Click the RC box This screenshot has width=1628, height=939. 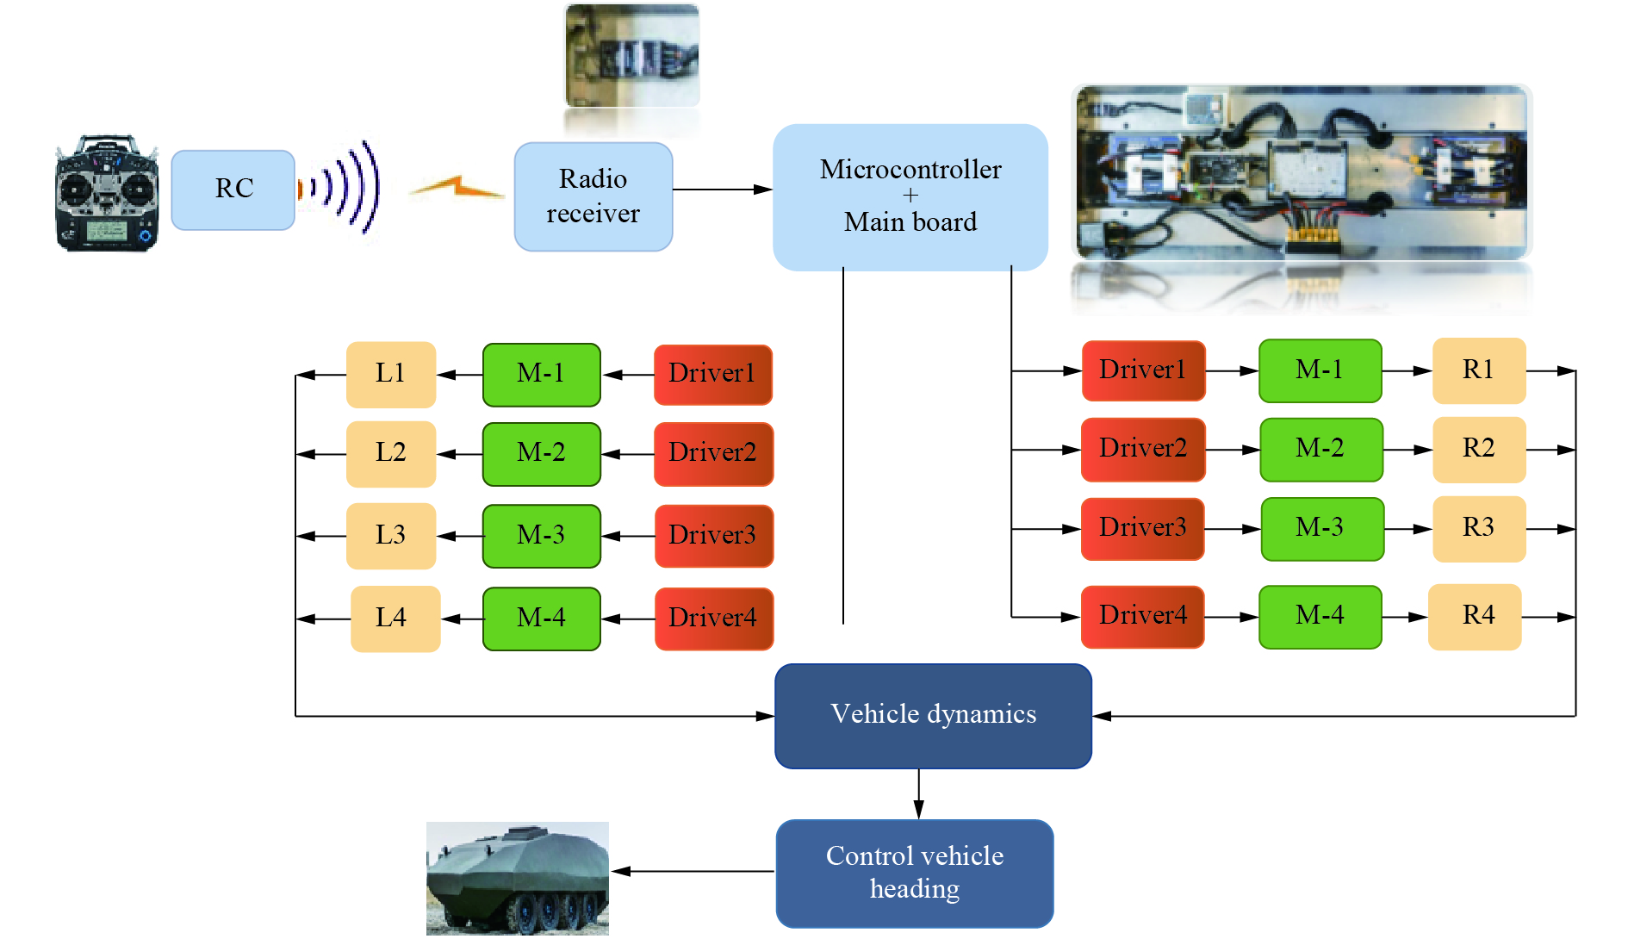pos(233,190)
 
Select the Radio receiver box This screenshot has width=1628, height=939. pos(593,196)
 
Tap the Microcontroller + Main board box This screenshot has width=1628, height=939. pos(910,196)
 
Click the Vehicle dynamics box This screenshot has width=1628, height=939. pos(933,715)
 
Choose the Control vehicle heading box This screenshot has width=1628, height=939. pos(914,873)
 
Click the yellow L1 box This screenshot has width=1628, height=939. pos(390,374)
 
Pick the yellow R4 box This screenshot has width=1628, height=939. pos(1475,616)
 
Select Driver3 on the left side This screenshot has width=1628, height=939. pos(713,535)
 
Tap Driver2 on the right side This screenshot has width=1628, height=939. pos(1142,449)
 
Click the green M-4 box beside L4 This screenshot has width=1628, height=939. pos(541,618)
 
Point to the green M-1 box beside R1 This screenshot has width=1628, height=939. pos(1320,370)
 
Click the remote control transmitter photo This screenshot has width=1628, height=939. pos(107,193)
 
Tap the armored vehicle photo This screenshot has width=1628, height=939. pos(517,879)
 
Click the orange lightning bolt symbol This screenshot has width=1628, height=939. pos(457,187)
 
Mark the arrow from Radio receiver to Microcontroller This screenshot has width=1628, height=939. pos(722,190)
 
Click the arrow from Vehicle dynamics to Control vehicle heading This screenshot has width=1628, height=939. pos(918,793)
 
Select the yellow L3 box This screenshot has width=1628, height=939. pos(390,535)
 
